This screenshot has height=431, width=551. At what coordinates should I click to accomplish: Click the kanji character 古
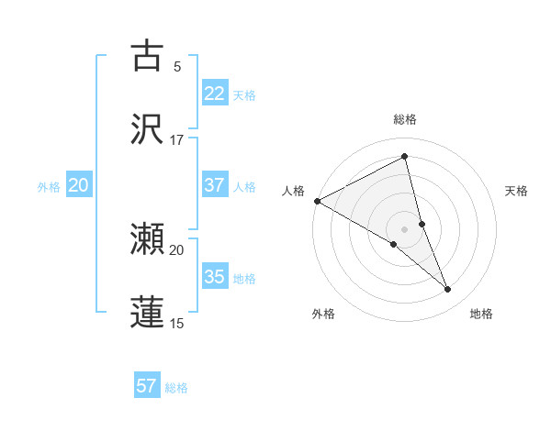(x=147, y=56)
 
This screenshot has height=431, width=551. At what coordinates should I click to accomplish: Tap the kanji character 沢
(x=147, y=129)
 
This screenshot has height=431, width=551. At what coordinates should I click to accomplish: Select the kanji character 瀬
(x=147, y=239)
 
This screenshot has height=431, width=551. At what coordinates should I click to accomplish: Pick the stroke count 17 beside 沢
(x=177, y=139)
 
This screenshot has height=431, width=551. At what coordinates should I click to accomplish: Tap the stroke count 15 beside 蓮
(x=177, y=323)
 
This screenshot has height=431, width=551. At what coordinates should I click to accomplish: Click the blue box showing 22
(x=215, y=94)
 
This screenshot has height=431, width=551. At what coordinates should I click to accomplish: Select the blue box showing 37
(x=215, y=185)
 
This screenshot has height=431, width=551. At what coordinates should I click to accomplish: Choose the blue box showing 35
(x=215, y=277)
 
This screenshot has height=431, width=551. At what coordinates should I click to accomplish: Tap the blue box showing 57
(x=147, y=386)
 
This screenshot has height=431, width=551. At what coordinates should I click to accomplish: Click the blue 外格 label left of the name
(x=49, y=187)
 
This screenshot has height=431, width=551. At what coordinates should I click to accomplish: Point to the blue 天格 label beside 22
(x=244, y=95)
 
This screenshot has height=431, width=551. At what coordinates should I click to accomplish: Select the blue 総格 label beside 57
(x=176, y=388)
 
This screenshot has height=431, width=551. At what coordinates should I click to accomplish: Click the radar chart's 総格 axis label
(x=405, y=119)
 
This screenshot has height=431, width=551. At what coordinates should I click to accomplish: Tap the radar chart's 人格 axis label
(x=293, y=191)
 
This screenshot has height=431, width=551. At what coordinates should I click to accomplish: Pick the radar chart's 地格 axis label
(x=481, y=314)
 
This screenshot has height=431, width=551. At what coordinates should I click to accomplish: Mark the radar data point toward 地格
(x=448, y=290)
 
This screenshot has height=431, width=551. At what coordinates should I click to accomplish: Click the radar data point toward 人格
(x=317, y=201)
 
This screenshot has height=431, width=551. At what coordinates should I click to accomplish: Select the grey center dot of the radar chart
(x=405, y=228)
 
